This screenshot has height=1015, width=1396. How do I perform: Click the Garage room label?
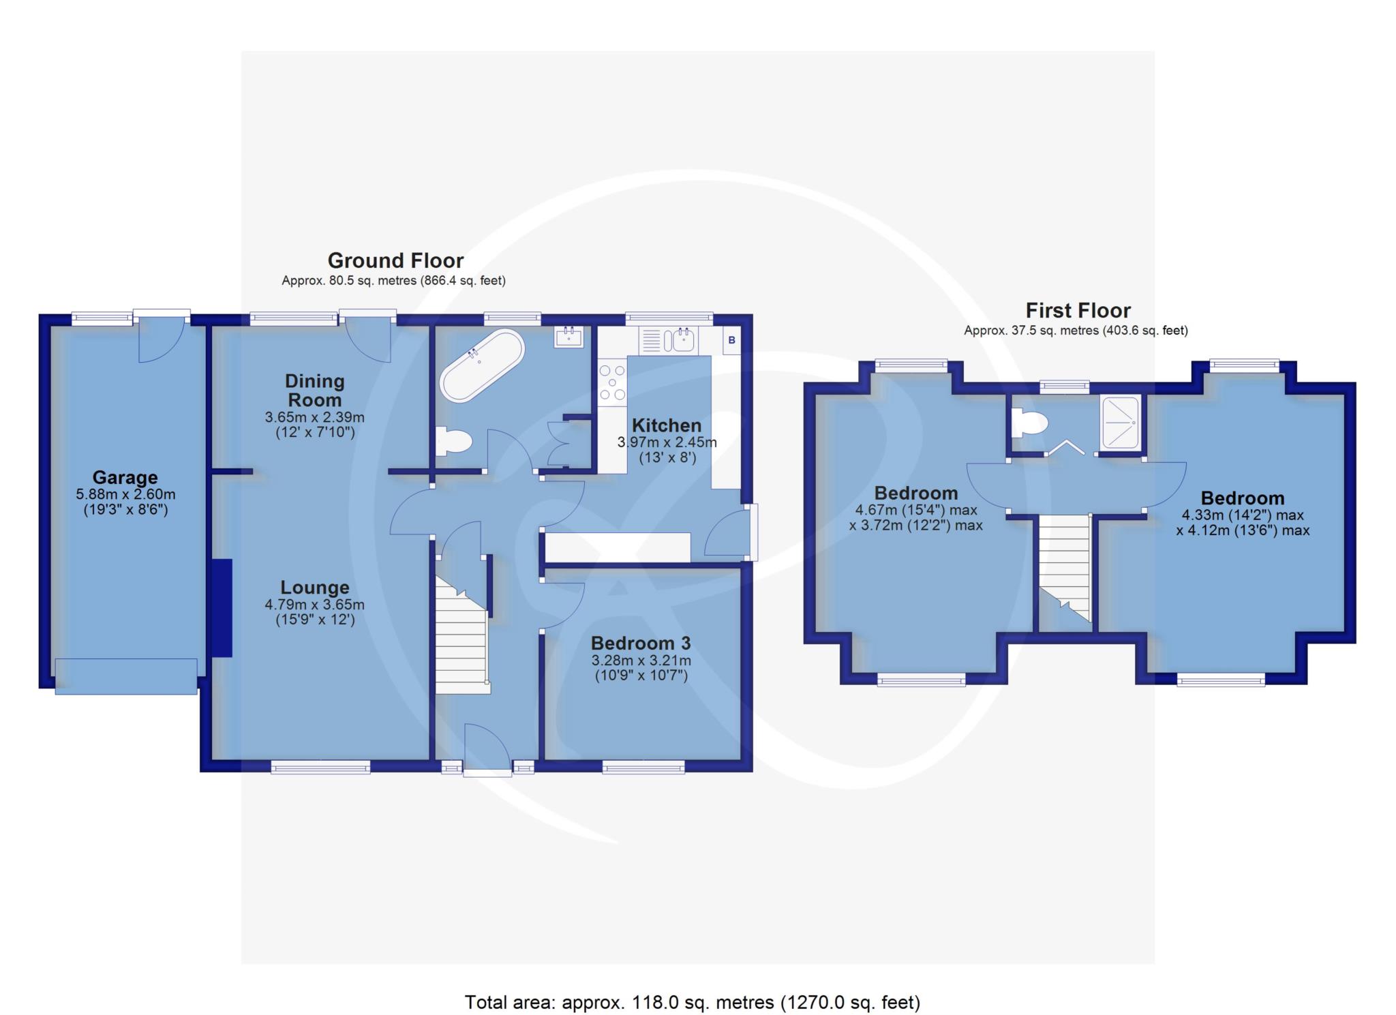pyautogui.click(x=125, y=477)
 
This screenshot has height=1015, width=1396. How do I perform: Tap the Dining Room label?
pyautogui.click(x=314, y=391)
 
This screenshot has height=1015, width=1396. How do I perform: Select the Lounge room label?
pyautogui.click(x=315, y=587)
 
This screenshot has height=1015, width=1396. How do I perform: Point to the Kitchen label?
pyautogui.click(x=666, y=425)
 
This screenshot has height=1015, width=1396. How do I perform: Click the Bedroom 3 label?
pyautogui.click(x=641, y=643)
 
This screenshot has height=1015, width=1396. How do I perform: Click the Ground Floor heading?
pyautogui.click(x=395, y=260)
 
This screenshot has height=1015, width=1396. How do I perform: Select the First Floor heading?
pyautogui.click(x=1078, y=311)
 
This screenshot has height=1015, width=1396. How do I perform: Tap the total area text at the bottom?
pyautogui.click(x=692, y=1002)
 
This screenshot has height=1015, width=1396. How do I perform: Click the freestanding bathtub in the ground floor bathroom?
pyautogui.click(x=482, y=365)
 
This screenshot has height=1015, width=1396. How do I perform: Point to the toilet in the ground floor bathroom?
pyautogui.click(x=453, y=442)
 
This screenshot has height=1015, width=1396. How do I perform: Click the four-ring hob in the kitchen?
pyautogui.click(x=612, y=382)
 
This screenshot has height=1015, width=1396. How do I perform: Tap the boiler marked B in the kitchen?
pyautogui.click(x=731, y=339)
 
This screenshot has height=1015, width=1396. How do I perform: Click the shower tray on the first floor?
pyautogui.click(x=1119, y=423)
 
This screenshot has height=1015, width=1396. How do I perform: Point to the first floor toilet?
pyautogui.click(x=1029, y=423)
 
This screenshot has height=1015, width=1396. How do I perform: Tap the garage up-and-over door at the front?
pyautogui.click(x=126, y=676)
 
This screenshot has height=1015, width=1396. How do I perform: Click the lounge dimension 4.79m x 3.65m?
pyautogui.click(x=315, y=605)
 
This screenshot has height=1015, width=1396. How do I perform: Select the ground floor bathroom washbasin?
pyautogui.click(x=568, y=337)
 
